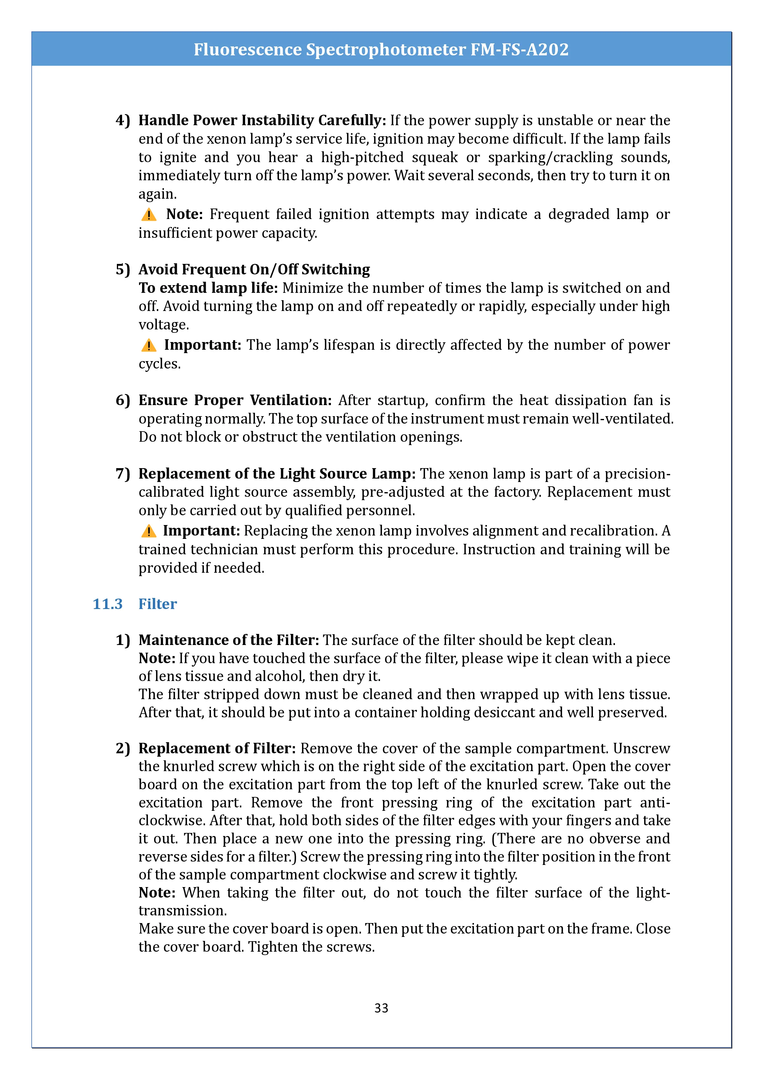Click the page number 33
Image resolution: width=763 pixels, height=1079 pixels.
(x=381, y=1008)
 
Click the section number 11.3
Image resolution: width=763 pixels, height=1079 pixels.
(x=108, y=604)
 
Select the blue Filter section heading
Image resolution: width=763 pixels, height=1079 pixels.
(x=157, y=604)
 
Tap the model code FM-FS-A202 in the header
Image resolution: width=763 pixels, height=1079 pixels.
(x=519, y=49)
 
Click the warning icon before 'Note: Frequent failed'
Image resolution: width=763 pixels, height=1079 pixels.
(x=149, y=215)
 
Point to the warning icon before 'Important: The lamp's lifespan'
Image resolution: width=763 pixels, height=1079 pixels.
(x=149, y=345)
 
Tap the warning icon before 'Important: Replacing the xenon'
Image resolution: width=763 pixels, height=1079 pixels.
(x=149, y=531)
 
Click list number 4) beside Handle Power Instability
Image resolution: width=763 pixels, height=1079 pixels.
(x=123, y=120)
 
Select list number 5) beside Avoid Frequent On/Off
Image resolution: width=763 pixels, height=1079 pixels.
(x=123, y=269)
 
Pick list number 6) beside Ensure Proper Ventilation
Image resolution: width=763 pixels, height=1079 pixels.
(x=123, y=400)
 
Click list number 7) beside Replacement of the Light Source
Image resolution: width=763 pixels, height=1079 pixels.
(x=123, y=473)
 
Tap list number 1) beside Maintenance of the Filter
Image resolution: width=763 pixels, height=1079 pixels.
(x=123, y=640)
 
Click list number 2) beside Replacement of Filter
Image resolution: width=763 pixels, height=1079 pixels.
(x=123, y=748)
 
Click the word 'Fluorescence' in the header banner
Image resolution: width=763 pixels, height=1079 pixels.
(x=248, y=49)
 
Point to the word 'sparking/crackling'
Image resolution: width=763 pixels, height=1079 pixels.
(x=550, y=157)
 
